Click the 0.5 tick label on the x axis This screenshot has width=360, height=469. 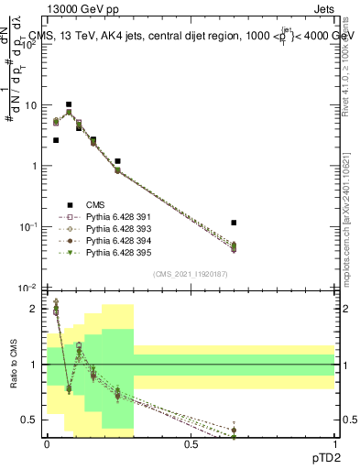tap(191, 443)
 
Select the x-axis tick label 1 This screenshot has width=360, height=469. tap(334, 443)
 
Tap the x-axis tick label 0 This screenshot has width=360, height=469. tap(47, 443)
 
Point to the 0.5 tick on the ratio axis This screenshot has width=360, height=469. tap(31, 420)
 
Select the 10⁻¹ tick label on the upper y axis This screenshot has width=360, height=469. tap(30, 226)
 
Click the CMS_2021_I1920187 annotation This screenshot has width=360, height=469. tap(190, 274)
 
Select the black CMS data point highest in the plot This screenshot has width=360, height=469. tap(69, 104)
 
